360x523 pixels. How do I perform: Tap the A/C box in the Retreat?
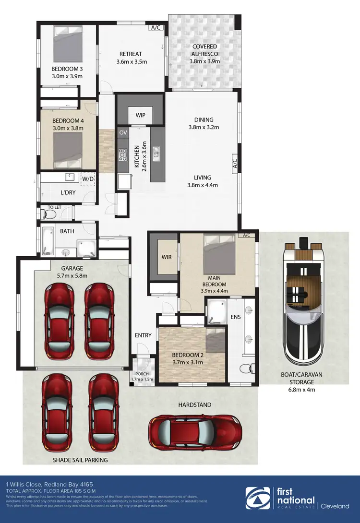[x=156, y=28]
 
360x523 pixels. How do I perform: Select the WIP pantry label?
[x=141, y=115]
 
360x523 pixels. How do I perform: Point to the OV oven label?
[x=123, y=132]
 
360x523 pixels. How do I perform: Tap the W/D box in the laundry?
[x=88, y=179]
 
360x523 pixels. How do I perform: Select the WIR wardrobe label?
[x=167, y=257]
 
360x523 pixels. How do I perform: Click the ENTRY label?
[x=143, y=335]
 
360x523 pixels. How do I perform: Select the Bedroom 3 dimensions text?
[x=67, y=76]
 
